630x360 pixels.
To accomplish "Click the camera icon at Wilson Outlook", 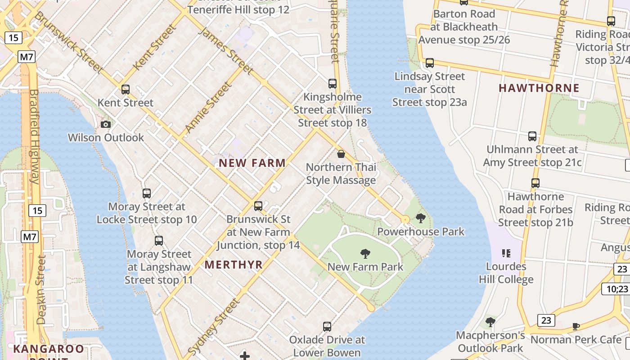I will (106, 124).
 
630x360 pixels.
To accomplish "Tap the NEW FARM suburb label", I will (252, 163).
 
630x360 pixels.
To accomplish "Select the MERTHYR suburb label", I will (234, 265).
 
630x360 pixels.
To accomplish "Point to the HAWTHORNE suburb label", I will (539, 88).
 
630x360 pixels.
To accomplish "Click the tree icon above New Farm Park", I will (365, 254).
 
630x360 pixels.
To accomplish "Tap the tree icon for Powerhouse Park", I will (421, 219).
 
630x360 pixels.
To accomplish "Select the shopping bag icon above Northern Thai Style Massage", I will (341, 154).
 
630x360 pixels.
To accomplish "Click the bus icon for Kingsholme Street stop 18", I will (333, 84).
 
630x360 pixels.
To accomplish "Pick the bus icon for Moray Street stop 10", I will (147, 193).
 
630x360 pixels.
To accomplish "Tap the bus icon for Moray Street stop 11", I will (159, 241).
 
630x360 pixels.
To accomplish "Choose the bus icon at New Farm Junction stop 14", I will (258, 206).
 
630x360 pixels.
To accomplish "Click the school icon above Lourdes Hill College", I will (506, 253).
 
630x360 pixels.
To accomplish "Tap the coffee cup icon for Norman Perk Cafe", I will (576, 326).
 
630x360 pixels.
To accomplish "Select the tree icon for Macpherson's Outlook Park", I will (490, 322).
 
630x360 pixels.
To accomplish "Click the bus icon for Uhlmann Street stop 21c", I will (532, 136).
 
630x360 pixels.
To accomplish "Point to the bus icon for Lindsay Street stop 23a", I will (430, 63).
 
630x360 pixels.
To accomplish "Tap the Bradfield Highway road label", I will (34, 137).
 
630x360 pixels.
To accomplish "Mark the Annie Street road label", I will (208, 106).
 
